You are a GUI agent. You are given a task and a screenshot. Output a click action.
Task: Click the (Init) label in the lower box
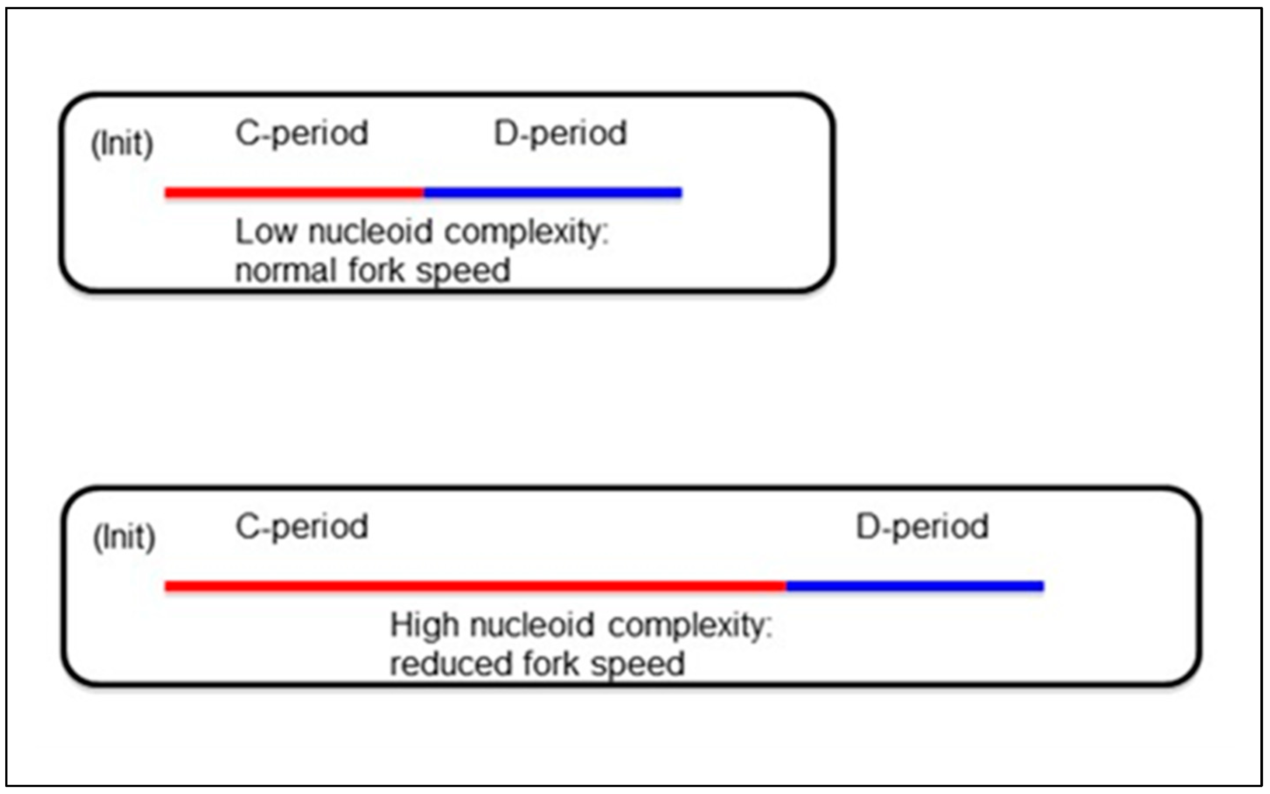coord(124,537)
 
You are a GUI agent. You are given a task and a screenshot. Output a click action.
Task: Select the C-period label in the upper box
coord(302,133)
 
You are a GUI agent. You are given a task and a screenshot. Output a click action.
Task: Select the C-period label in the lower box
coord(302,527)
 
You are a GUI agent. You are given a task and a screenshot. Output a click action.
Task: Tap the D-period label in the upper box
coord(560,133)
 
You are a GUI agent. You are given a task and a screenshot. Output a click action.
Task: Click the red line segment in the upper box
coord(294,193)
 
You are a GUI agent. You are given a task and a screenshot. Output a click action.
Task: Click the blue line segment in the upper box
coord(553,193)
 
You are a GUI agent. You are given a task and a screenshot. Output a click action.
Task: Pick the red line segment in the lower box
coord(475,586)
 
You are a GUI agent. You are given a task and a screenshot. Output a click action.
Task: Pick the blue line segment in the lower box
coord(915,586)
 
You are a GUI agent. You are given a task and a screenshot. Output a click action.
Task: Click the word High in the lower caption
coord(424,625)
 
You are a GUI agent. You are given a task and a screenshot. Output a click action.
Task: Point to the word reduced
coord(451,664)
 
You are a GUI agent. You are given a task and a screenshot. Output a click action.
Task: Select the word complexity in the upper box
coord(526,232)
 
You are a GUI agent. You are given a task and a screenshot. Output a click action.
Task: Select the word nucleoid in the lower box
coord(531,625)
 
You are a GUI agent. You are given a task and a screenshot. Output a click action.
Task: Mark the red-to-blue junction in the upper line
coord(424,193)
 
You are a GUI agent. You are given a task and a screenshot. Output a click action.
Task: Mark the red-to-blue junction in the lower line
coord(786,586)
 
